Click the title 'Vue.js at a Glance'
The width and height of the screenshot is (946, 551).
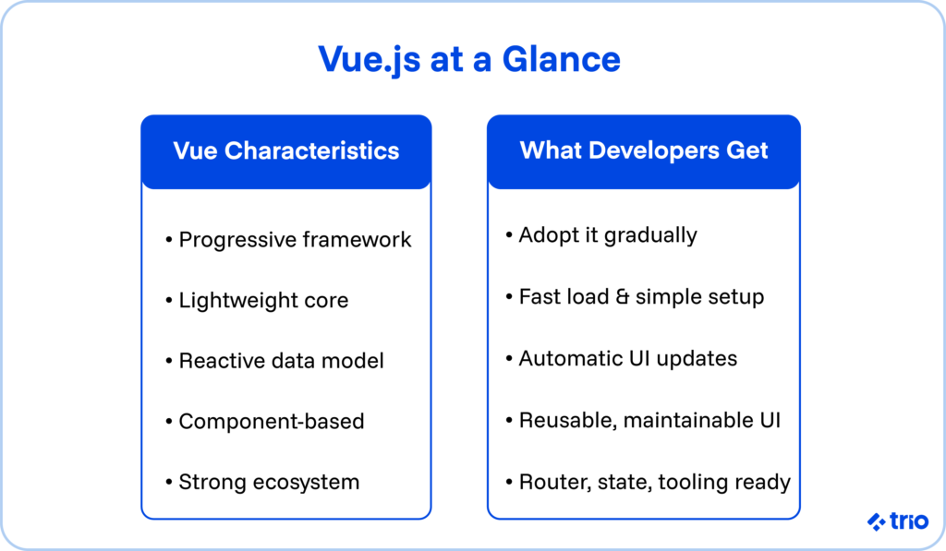coord(469,59)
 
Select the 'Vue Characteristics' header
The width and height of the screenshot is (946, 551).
coord(286,150)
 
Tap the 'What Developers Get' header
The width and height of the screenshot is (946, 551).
coord(644,150)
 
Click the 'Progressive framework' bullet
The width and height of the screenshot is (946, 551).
coord(294,240)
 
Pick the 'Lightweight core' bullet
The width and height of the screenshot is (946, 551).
coord(262,300)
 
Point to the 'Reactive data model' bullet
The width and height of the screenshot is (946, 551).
coord(281,361)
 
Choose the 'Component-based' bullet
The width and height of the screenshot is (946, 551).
coord(271,422)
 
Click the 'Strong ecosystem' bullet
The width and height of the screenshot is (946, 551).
coord(268,482)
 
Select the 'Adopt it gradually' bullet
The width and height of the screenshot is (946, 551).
coord(607,235)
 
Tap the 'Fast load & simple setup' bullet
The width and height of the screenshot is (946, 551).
coord(640,297)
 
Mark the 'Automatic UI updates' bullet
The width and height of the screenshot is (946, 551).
coord(627,358)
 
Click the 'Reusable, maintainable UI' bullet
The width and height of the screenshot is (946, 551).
coord(649,421)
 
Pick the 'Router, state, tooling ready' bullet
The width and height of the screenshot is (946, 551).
coord(653,482)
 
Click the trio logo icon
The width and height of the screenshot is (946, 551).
coord(876,521)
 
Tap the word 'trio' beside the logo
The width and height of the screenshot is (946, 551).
coord(909,521)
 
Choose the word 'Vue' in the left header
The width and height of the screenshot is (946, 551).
coord(195,150)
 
